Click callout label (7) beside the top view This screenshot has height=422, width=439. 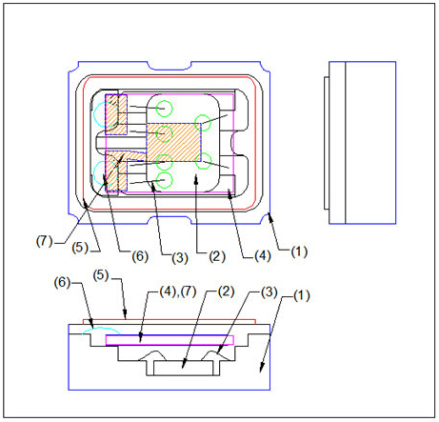pos(44,241)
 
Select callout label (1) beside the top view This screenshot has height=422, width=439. pos(299,251)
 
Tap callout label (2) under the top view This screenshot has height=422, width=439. pos(217,256)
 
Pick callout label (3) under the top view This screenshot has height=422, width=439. pos(180,257)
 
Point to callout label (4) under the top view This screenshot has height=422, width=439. pos(263,255)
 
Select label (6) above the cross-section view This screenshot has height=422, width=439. pos(62,282)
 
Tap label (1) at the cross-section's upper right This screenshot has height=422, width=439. pos(302,295)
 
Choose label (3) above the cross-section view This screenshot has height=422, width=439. pos(269,292)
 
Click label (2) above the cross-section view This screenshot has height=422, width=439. pos(226,291)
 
